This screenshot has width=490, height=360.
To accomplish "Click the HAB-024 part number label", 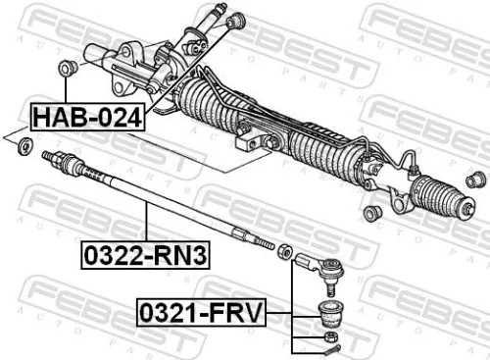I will (87, 118).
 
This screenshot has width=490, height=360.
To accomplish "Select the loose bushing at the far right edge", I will (477, 180).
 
